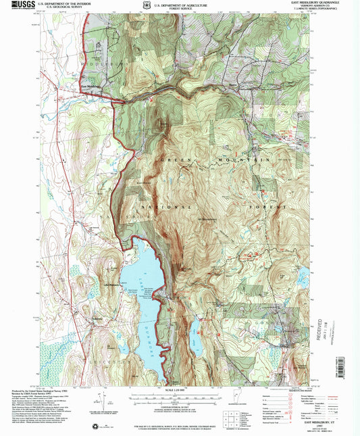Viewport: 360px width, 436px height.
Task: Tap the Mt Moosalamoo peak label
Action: pyautogui.click(x=206, y=218)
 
